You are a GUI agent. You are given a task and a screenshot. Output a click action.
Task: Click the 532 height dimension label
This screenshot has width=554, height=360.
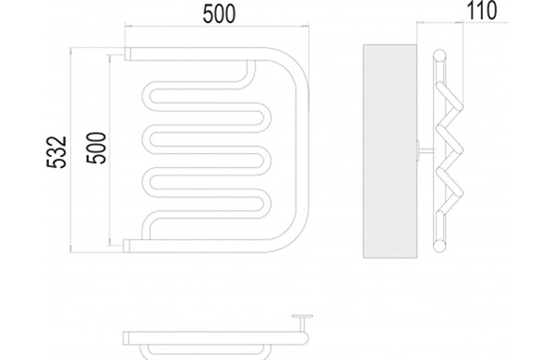coord(56,152)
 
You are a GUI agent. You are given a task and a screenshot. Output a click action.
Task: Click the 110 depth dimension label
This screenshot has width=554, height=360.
coord(482,10)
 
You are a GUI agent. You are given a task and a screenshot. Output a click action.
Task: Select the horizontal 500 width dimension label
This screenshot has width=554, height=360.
coord(219,15)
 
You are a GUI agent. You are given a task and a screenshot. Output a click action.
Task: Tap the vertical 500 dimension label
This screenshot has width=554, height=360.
coord(96,148)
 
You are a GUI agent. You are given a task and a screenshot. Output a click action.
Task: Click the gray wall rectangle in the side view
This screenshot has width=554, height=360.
coord(390,151)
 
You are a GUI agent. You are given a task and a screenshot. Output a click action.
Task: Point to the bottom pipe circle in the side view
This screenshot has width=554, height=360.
coord(440,246)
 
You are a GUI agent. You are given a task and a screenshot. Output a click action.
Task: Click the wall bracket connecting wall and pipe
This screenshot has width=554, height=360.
coord(425,151)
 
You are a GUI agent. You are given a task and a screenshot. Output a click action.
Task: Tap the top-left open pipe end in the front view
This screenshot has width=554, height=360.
coord(127,54)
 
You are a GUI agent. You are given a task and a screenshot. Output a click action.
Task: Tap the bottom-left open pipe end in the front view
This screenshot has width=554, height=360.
coord(126,246)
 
